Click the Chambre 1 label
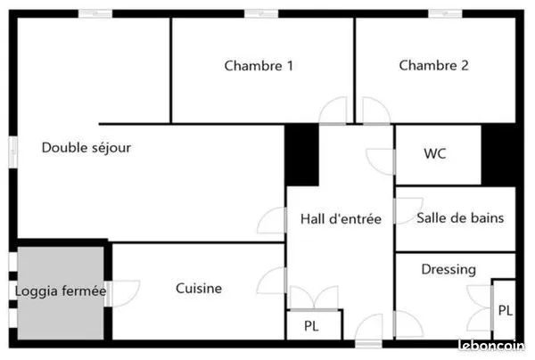pos(259,66)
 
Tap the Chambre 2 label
pos(433,65)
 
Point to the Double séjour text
pos(86,148)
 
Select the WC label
pos(435,153)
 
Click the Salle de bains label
pos(460,217)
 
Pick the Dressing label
pos(449,270)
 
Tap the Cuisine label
pos(199,289)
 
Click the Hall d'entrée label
pos(341,219)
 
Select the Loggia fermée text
pos(61,291)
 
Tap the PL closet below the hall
pos(314,325)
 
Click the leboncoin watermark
pos(491,346)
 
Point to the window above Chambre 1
pos(261,13)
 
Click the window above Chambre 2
pos(445,13)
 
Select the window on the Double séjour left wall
pos(13,152)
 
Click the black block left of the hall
pos(301,155)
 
